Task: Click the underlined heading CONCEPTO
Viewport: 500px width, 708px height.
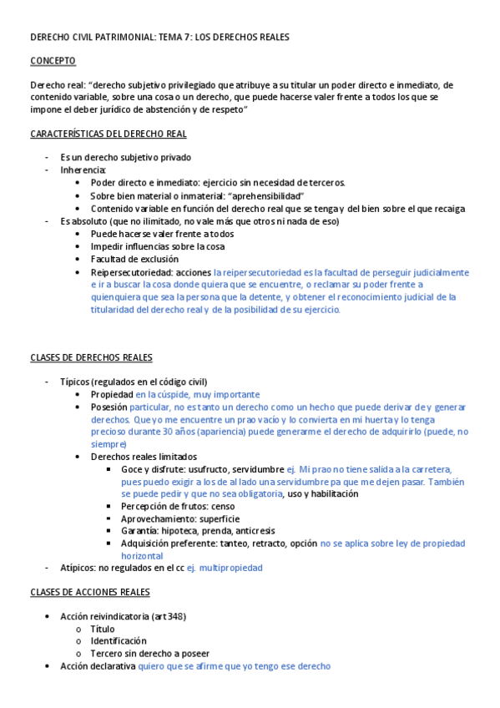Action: click(x=53, y=61)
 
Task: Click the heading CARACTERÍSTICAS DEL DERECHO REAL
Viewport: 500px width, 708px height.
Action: click(x=109, y=134)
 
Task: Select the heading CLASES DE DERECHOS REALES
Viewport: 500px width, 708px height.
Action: click(x=91, y=358)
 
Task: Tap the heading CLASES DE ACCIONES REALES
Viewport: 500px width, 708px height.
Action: click(x=90, y=592)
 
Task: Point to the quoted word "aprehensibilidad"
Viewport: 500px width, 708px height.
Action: click(x=265, y=195)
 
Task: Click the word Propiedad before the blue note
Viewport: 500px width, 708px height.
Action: click(x=112, y=394)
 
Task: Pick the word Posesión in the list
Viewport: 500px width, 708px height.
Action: click(x=109, y=407)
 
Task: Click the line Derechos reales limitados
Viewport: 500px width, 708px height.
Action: click(x=144, y=457)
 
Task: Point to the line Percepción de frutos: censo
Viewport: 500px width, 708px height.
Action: click(x=178, y=506)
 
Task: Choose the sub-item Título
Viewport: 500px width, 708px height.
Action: click(x=103, y=629)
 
